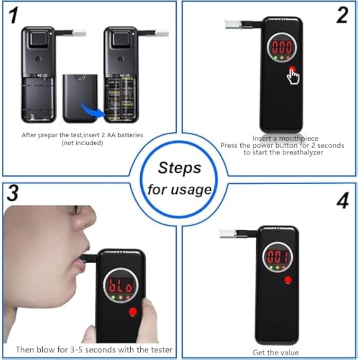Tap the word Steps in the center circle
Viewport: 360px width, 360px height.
click(180, 168)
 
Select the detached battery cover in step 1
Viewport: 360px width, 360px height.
click(80, 98)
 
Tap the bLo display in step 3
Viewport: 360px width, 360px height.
click(120, 285)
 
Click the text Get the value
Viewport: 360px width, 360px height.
click(275, 353)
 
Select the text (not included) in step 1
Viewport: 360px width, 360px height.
click(82, 143)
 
